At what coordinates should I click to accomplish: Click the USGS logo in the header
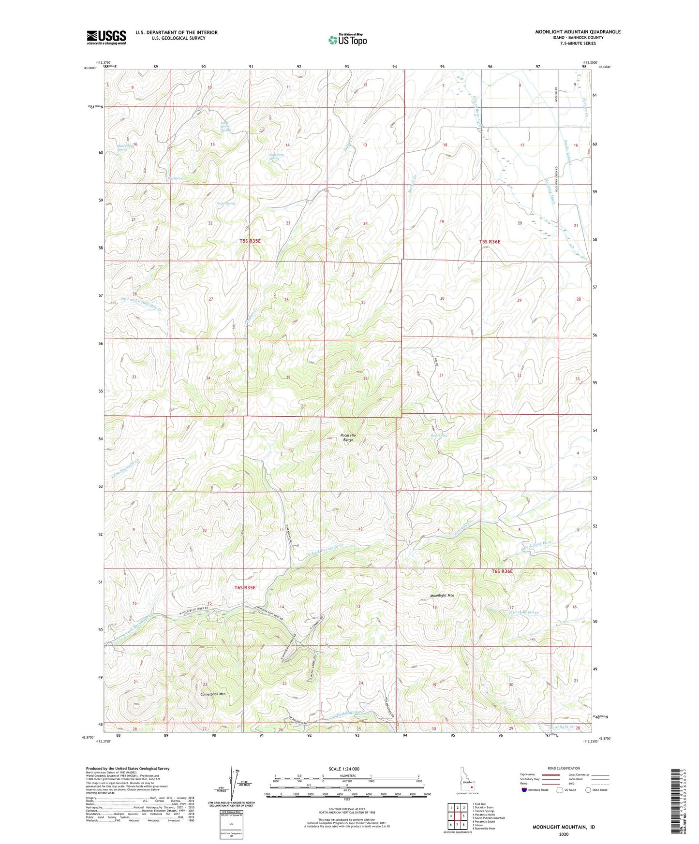coord(106,37)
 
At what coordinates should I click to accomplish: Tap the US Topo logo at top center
coord(347,39)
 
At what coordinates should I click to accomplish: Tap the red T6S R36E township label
coord(502,571)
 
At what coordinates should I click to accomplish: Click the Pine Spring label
coord(439,436)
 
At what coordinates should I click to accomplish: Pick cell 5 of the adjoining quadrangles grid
coord(463,816)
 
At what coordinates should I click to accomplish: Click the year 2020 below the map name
coord(564,834)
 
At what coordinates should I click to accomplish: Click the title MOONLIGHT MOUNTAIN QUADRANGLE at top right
coord(578,32)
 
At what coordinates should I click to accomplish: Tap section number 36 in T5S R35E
coord(365,378)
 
